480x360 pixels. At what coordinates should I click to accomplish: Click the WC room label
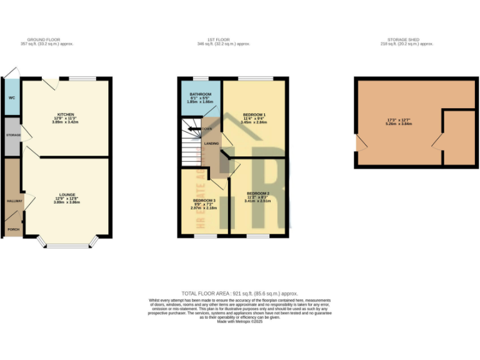click(11, 98)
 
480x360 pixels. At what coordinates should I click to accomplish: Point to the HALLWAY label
click(14, 201)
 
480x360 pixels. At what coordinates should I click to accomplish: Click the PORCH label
click(12, 229)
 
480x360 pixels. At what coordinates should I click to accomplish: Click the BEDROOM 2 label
click(257, 194)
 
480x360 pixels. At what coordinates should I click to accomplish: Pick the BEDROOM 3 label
click(204, 200)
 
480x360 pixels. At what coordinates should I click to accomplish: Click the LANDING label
click(212, 143)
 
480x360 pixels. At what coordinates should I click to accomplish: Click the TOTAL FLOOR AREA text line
click(240, 293)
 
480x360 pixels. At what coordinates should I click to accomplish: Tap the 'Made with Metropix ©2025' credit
click(240, 321)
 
